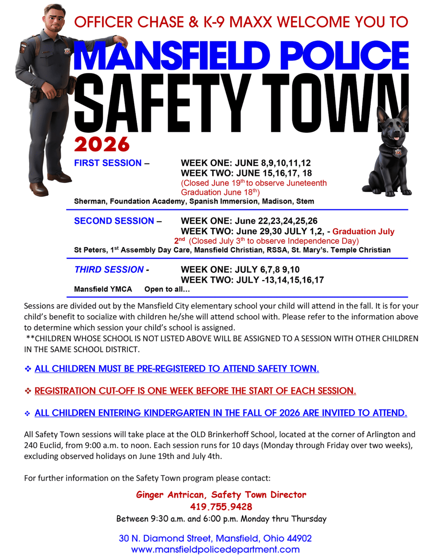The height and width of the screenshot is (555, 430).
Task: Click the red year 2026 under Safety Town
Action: (x=102, y=144)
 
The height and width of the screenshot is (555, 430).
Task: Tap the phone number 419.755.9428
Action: (x=221, y=507)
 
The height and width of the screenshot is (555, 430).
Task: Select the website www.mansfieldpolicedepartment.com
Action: (x=215, y=549)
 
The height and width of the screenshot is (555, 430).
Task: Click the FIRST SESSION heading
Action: (x=108, y=163)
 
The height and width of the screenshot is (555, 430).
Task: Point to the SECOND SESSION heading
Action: (x=114, y=221)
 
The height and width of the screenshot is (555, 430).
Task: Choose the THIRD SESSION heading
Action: (x=109, y=269)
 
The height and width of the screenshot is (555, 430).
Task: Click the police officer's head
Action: (x=55, y=18)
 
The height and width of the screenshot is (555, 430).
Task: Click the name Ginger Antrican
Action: (x=170, y=495)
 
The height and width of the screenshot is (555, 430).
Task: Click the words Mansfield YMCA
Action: (x=103, y=289)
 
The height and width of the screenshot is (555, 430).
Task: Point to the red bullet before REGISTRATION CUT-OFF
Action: (x=28, y=391)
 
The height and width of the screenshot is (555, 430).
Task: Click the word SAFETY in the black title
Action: (x=163, y=104)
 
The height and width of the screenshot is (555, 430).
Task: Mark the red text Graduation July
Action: (x=363, y=232)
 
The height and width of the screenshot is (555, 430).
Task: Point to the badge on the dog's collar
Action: (x=398, y=152)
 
